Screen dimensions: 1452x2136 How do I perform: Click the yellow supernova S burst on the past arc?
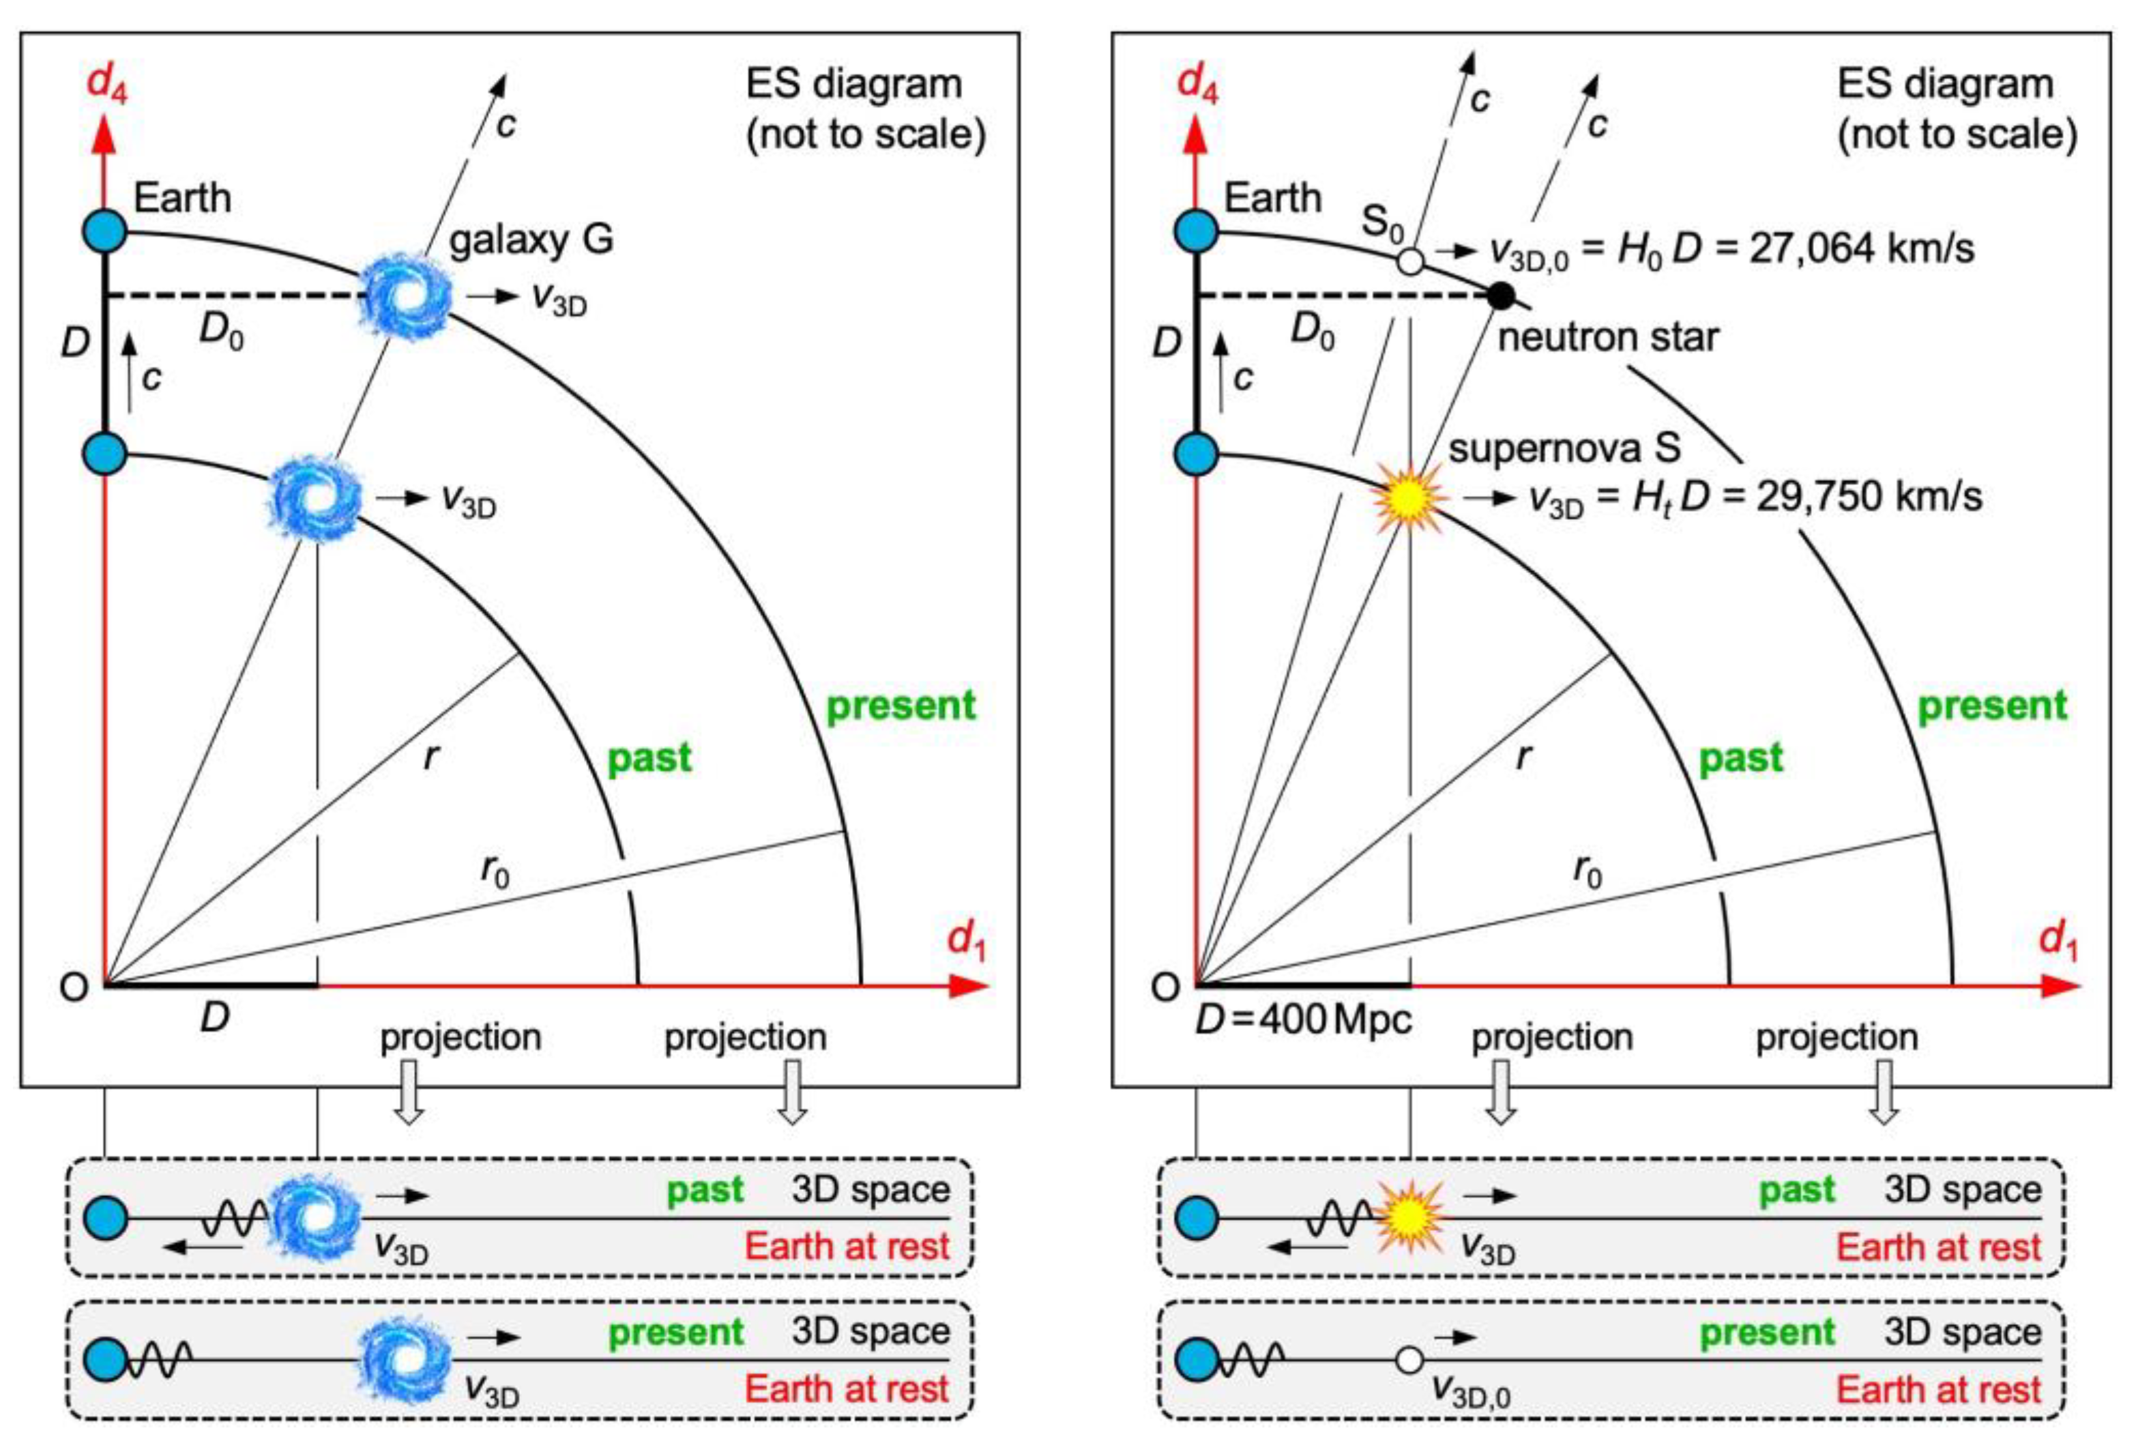(x=1408, y=497)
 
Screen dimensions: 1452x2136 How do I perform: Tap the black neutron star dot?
(x=1500, y=295)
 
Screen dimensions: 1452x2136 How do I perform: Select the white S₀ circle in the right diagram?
(x=1410, y=262)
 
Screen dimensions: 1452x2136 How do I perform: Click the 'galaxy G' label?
(x=531, y=240)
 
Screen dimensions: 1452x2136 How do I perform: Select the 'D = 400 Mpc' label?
(x=1303, y=1020)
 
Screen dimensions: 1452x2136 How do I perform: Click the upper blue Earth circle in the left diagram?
(x=105, y=230)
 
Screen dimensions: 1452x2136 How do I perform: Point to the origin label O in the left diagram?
(x=74, y=987)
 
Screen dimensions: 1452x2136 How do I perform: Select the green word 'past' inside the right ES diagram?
(x=1740, y=758)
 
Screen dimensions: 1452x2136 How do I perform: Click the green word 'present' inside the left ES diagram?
(x=901, y=706)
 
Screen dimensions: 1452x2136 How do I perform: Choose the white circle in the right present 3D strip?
(x=1409, y=1359)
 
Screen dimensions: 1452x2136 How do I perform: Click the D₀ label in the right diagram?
(x=1313, y=331)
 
